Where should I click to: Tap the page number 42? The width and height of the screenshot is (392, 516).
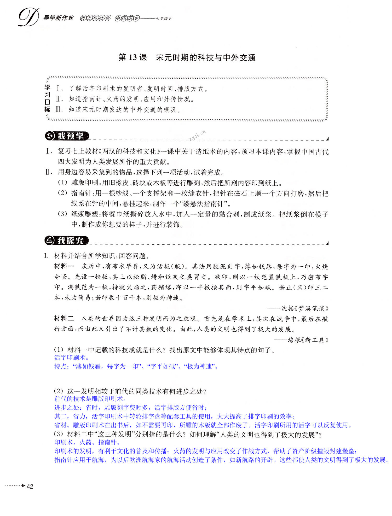point(30,486)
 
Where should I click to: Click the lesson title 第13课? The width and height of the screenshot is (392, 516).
point(133,57)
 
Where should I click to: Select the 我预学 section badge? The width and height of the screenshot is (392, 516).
point(67,136)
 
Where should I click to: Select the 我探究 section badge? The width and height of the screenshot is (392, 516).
point(67,241)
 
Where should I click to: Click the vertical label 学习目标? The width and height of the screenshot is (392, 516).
point(47,98)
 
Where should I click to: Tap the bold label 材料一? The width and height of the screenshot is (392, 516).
point(64,266)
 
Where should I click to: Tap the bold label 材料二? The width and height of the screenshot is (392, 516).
point(64,318)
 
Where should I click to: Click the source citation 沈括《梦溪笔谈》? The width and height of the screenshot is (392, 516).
point(305,308)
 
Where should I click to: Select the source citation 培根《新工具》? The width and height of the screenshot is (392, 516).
point(308,340)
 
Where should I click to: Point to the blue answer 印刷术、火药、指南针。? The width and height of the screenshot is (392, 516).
point(87,442)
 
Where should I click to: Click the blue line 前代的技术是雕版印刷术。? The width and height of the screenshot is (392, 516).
point(90,399)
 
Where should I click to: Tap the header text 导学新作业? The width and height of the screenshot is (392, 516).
point(58,18)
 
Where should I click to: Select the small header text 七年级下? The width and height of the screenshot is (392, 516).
point(164,19)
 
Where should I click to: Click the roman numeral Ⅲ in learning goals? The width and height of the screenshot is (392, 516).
point(59,109)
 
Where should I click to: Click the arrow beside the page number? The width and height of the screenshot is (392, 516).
point(24,486)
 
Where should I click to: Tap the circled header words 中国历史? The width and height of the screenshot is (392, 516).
point(127,18)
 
